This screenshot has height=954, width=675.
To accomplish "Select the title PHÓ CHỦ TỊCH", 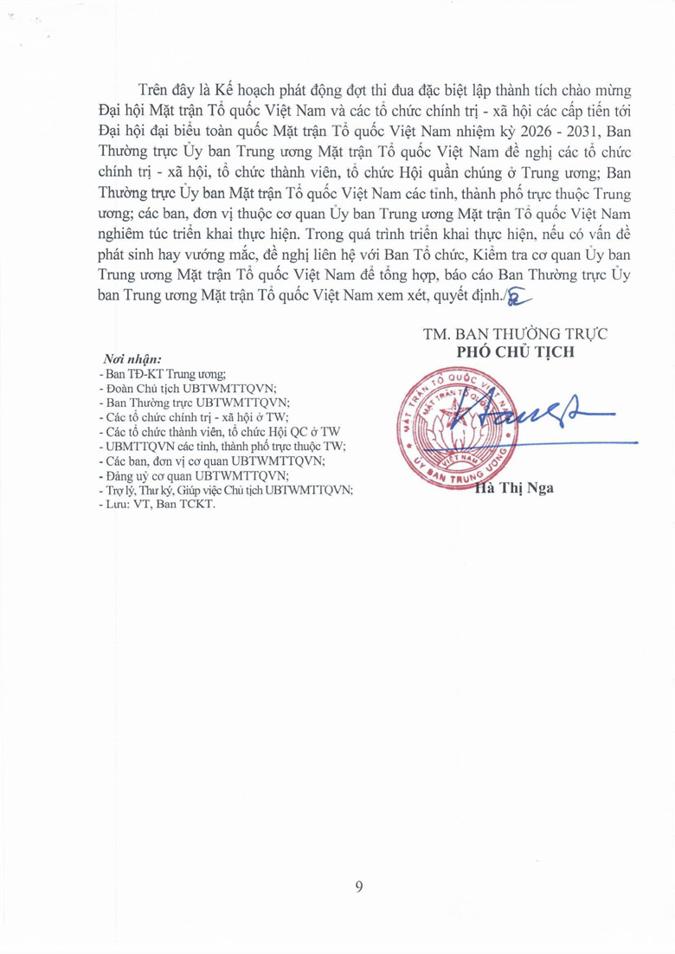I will (x=513, y=352).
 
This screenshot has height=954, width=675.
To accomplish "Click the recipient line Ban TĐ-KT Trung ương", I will (x=163, y=374).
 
